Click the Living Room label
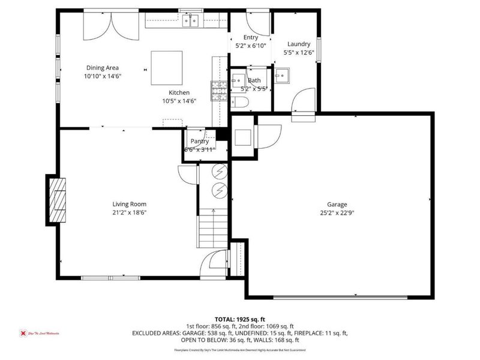tap(130, 204)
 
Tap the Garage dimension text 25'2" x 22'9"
tap(337, 212)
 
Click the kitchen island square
tap(167, 68)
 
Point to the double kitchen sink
tap(191, 22)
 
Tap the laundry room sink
tap(282, 76)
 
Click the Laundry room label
tap(298, 44)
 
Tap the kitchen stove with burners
tap(217, 90)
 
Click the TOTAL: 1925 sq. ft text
tap(240, 319)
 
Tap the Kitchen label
tap(179, 92)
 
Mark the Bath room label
tap(254, 80)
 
